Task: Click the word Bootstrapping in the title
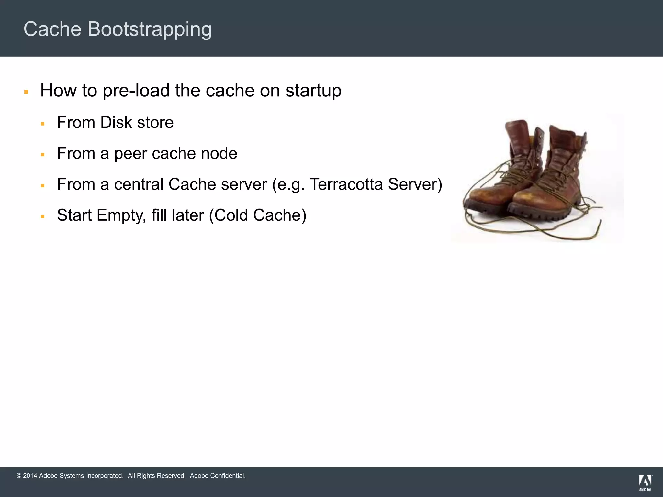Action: pyautogui.click(x=150, y=29)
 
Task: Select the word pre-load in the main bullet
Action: pyautogui.click(x=136, y=90)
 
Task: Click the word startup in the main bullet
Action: pyautogui.click(x=313, y=90)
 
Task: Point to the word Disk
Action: pyautogui.click(x=116, y=122)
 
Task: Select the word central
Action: pyautogui.click(x=139, y=184)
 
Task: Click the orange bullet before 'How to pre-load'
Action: pyautogui.click(x=26, y=92)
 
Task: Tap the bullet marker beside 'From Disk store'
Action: pyautogui.click(x=43, y=124)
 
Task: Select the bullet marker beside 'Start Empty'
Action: pyautogui.click(x=43, y=216)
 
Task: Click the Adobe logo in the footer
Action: pyautogui.click(x=645, y=482)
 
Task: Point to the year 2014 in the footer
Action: pyautogui.click(x=30, y=476)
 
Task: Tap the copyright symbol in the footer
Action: pyautogui.click(x=19, y=476)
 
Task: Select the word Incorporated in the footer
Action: pyautogui.click(x=105, y=476)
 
